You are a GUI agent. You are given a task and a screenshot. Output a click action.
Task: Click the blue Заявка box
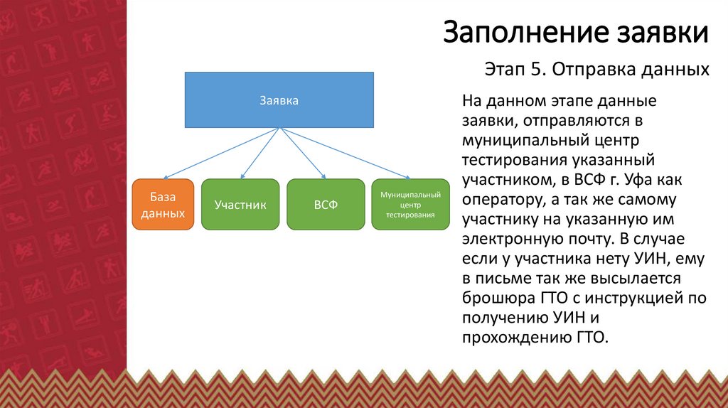[279, 100]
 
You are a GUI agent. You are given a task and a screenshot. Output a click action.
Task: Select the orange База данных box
[163, 204]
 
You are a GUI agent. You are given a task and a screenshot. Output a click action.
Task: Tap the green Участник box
[240, 204]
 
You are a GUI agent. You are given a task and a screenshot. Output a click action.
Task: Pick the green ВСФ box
[326, 204]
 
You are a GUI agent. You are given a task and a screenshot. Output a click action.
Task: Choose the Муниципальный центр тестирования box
[410, 204]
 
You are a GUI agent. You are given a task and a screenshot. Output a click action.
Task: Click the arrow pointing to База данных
[221, 153]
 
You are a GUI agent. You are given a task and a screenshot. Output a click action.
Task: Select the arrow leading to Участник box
[260, 153]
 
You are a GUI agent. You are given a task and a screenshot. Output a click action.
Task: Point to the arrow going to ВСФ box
[303, 153]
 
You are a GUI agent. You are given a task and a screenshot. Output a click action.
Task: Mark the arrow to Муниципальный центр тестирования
[345, 153]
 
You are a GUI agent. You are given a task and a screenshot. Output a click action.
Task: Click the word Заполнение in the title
[526, 33]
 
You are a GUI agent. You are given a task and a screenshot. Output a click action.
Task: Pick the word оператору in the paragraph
[498, 200]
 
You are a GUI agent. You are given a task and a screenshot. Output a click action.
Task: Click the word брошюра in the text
[498, 298]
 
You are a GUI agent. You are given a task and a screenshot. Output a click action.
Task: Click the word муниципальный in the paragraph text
[524, 140]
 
